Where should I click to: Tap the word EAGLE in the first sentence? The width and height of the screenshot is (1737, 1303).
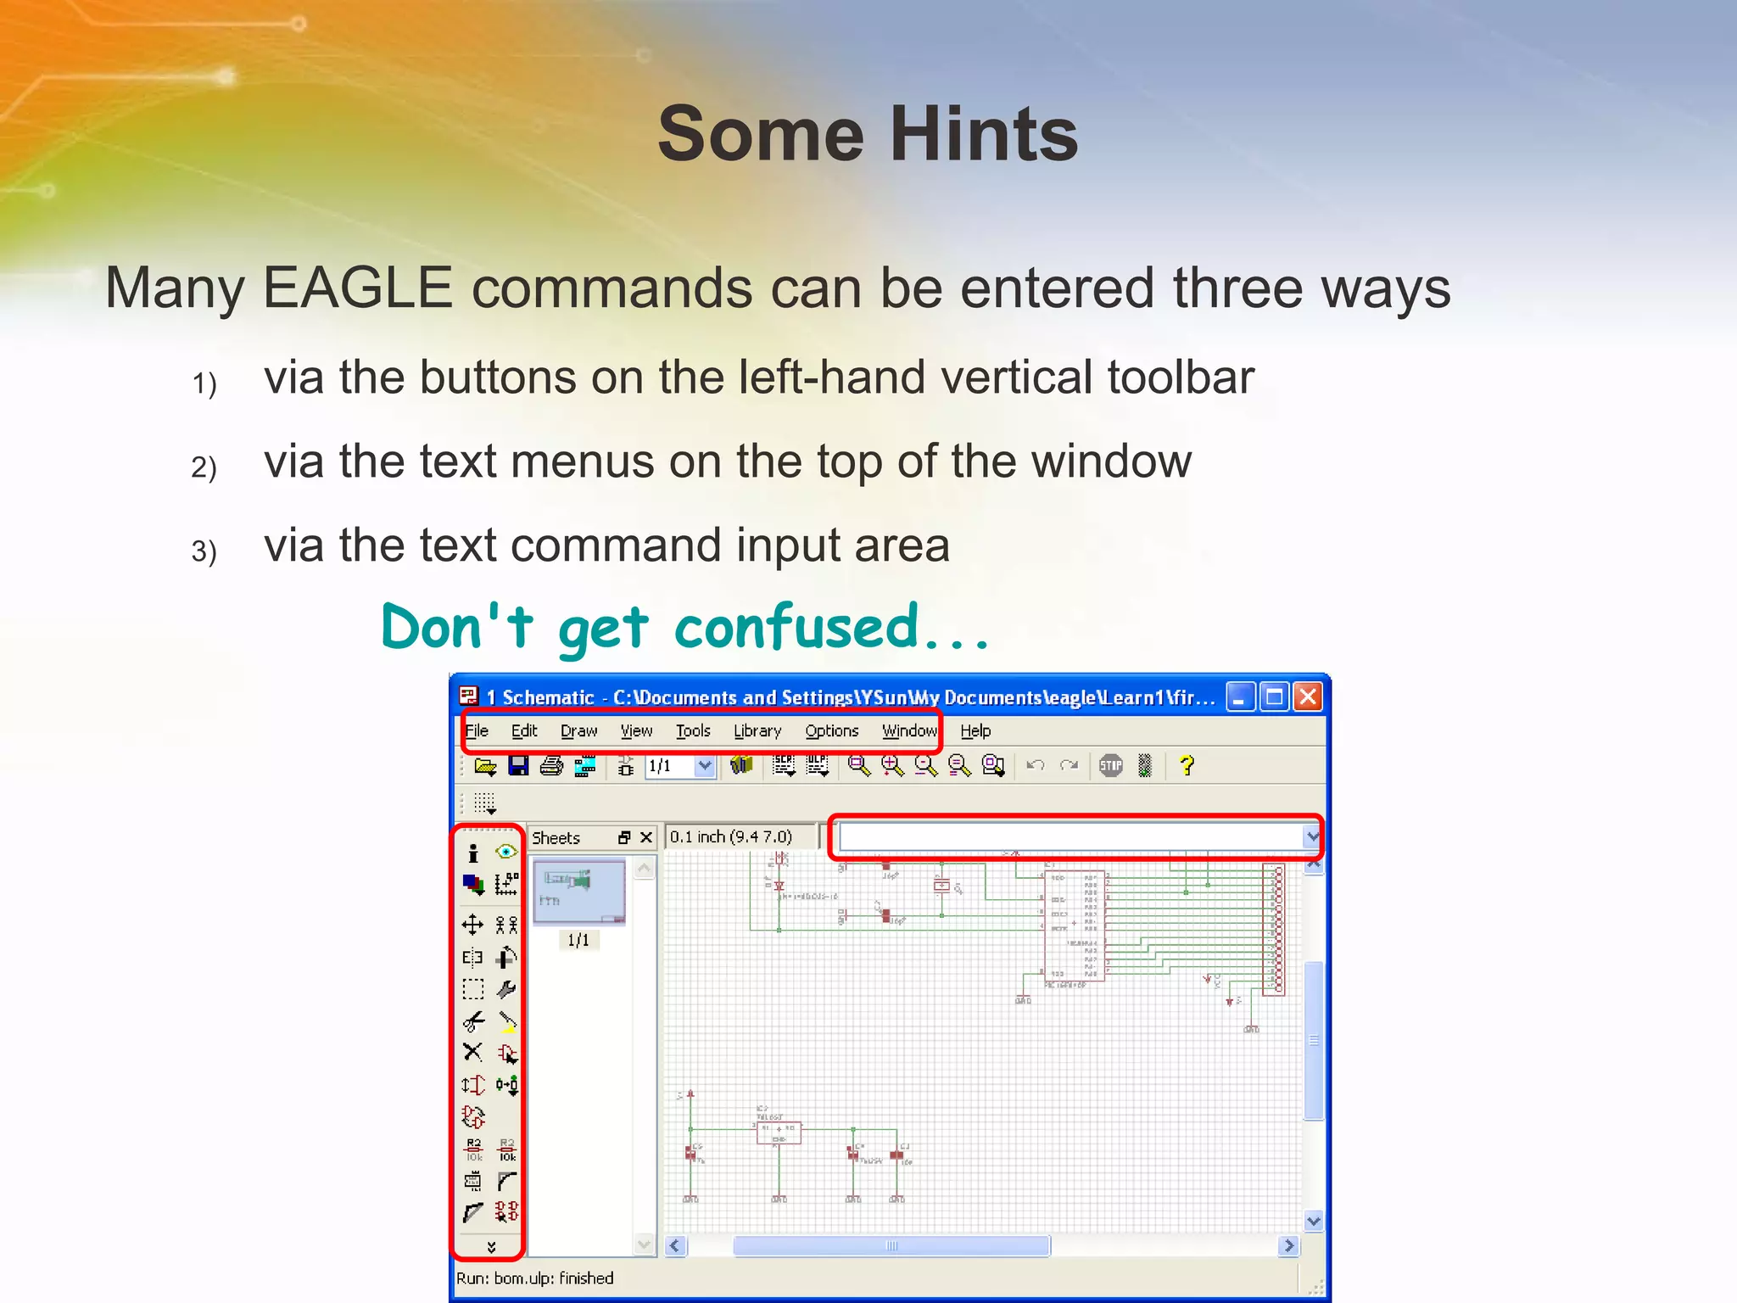[x=357, y=288]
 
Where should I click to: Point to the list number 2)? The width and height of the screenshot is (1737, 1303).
[x=204, y=467]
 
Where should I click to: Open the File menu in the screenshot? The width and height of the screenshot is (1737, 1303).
[x=477, y=730]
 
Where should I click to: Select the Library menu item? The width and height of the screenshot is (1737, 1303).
[x=757, y=730]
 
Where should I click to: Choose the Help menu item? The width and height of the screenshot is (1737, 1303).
[x=975, y=730]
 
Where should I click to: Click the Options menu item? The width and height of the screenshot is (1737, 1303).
[x=831, y=730]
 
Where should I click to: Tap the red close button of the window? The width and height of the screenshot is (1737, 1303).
[x=1308, y=697]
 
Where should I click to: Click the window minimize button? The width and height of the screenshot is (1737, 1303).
[x=1239, y=697]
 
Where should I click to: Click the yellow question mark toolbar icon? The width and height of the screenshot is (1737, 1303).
[x=1187, y=766]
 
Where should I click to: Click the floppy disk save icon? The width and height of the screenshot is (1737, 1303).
[x=518, y=766]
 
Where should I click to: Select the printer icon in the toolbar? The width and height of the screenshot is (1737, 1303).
[x=551, y=766]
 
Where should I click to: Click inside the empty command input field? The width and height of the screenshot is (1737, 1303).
[x=1069, y=837]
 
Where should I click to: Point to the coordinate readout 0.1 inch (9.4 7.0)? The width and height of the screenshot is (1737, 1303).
[x=730, y=837]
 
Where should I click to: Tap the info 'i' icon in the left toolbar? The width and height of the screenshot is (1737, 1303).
[x=473, y=853]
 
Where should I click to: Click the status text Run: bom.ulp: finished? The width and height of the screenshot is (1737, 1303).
[x=534, y=1278]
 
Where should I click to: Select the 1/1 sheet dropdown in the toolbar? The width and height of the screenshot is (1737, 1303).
[x=679, y=766]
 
